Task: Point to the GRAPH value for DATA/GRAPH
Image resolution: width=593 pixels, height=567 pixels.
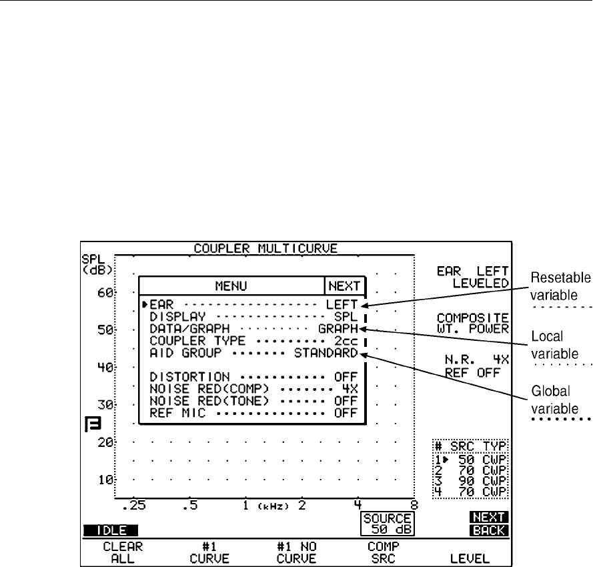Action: [337, 328]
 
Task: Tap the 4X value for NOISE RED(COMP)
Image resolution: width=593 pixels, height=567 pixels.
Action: [350, 389]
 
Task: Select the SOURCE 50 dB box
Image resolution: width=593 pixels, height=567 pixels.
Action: [386, 525]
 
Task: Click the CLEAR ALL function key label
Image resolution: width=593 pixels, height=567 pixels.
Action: [109, 550]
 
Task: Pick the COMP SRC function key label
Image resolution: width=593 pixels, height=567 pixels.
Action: [379, 550]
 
